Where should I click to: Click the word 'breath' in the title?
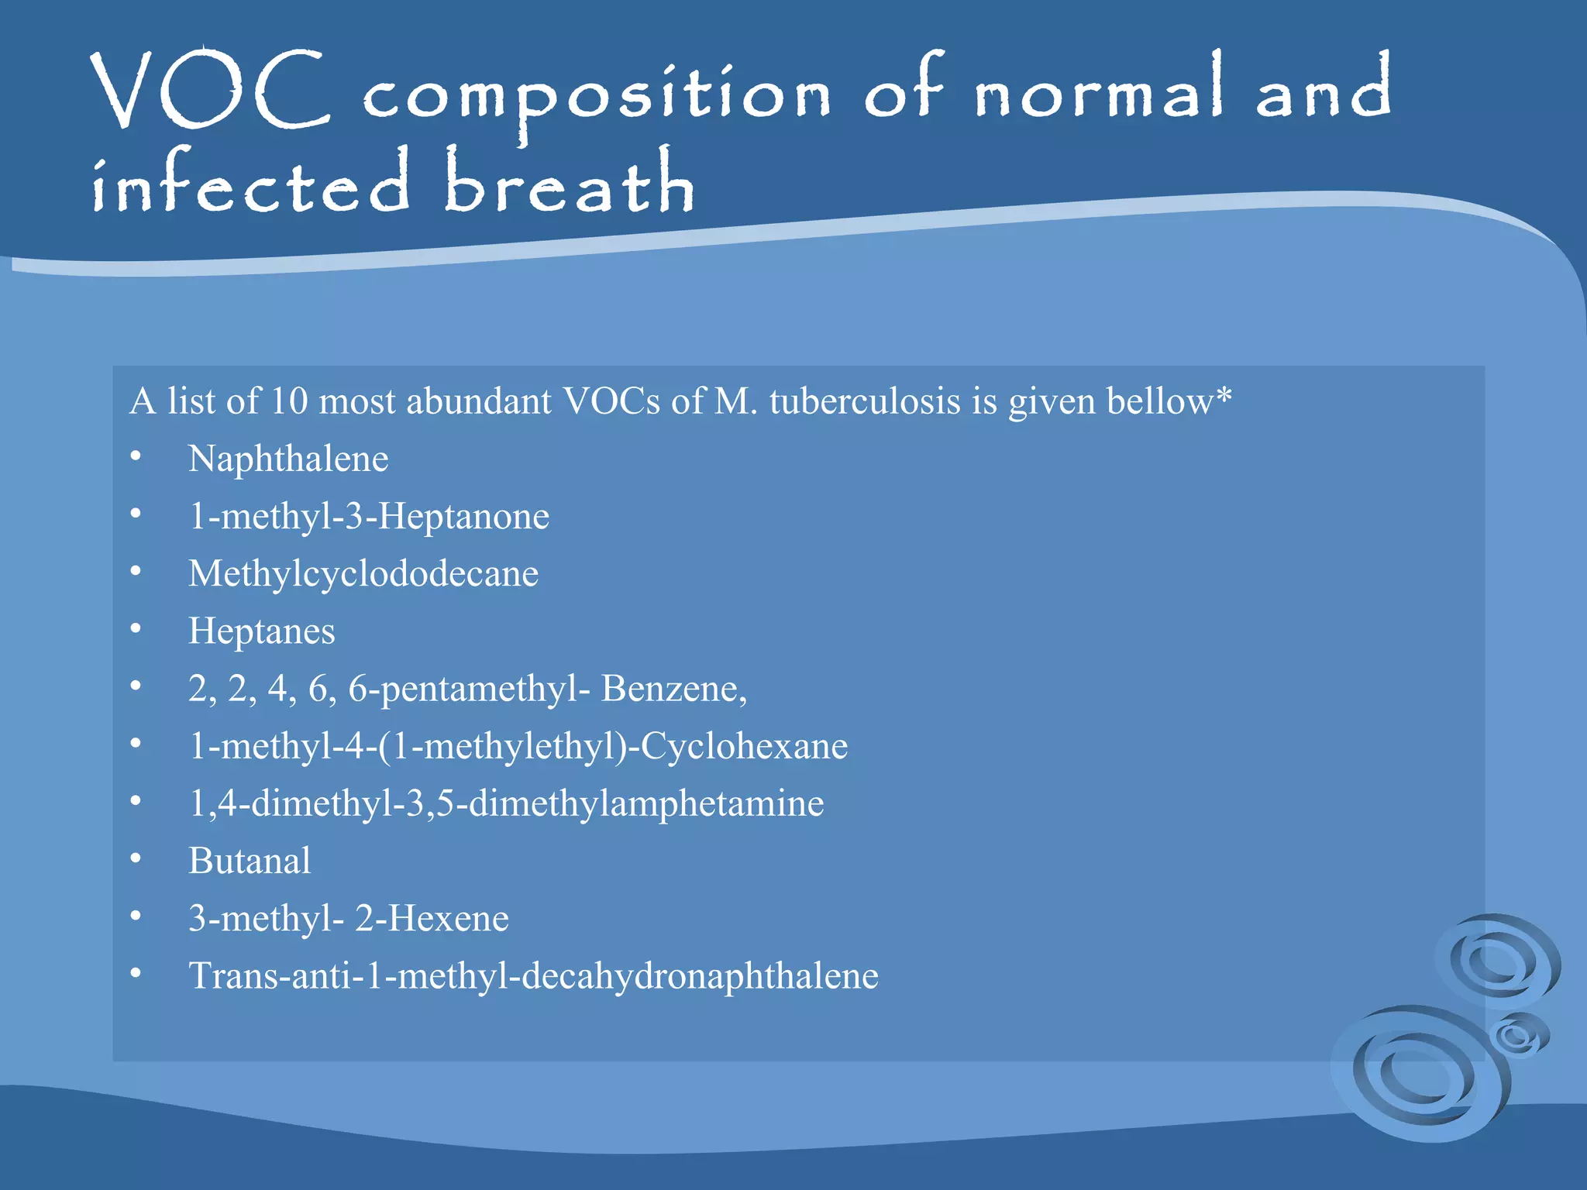tap(570, 183)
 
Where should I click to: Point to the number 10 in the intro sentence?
tap(289, 401)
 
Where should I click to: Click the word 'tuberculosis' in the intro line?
tap(865, 401)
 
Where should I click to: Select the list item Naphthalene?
tap(288, 459)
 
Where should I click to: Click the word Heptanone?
tap(464, 516)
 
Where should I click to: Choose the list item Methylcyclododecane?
tap(363, 573)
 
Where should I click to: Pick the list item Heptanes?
tap(262, 631)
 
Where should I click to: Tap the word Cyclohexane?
tap(744, 745)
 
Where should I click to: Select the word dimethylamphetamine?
tap(646, 803)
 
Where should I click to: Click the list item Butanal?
tap(250, 860)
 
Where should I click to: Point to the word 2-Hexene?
tap(432, 918)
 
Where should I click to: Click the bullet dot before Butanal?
tap(136, 858)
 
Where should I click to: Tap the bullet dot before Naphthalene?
tap(136, 456)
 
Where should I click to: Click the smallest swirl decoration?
tap(1519, 1035)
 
